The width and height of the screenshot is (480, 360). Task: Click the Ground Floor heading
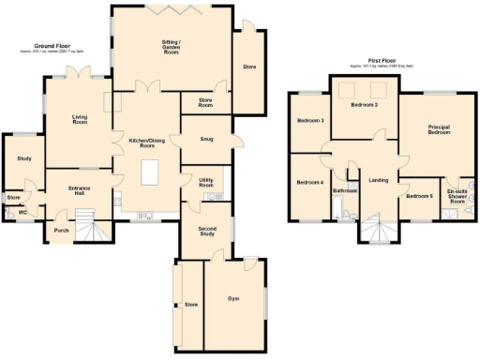54,45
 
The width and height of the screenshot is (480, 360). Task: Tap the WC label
22,213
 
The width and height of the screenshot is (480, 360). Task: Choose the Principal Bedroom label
438,130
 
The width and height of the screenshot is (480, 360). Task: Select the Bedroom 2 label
364,106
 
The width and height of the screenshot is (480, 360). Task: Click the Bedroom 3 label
310,121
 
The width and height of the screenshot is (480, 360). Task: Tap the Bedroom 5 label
418,196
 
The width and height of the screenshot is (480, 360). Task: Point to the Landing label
379,180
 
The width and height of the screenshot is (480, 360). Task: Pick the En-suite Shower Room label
457,196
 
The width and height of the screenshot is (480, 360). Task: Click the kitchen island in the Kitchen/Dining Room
148,174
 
